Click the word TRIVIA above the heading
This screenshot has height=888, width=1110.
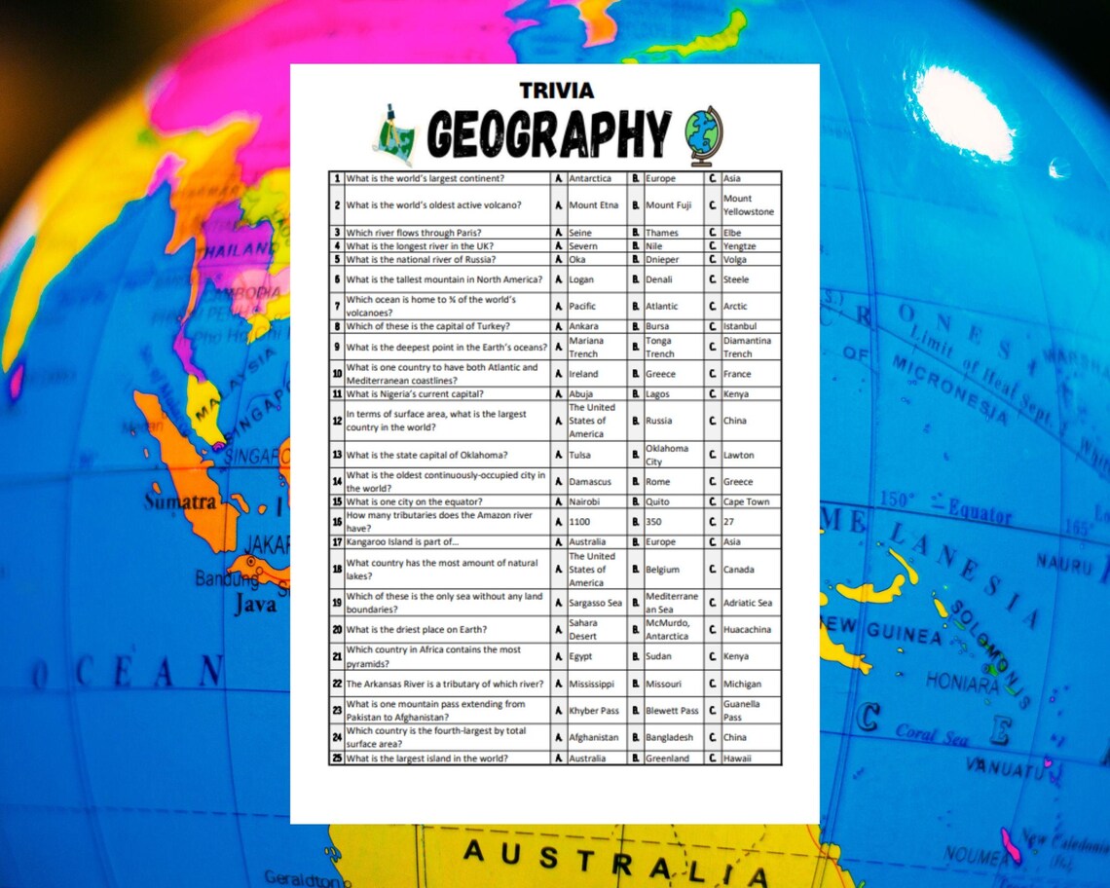click(x=557, y=91)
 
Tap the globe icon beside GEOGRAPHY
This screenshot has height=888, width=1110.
click(x=703, y=135)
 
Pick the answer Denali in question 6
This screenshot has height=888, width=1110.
click(x=660, y=279)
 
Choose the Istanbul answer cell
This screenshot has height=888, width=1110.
click(x=740, y=326)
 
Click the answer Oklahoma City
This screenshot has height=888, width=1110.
click(x=667, y=455)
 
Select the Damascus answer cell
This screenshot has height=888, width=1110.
click(x=591, y=482)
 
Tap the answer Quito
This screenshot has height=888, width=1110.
click(x=658, y=501)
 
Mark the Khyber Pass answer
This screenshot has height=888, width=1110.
click(x=594, y=711)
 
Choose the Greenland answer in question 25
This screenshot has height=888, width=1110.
click(x=667, y=758)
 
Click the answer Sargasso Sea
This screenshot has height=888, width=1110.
click(x=595, y=603)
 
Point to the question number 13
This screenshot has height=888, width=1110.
click(x=337, y=455)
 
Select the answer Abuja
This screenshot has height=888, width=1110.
click(x=581, y=394)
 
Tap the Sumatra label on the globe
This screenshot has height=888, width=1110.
click(x=180, y=502)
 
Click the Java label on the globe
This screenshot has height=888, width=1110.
click(x=254, y=604)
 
